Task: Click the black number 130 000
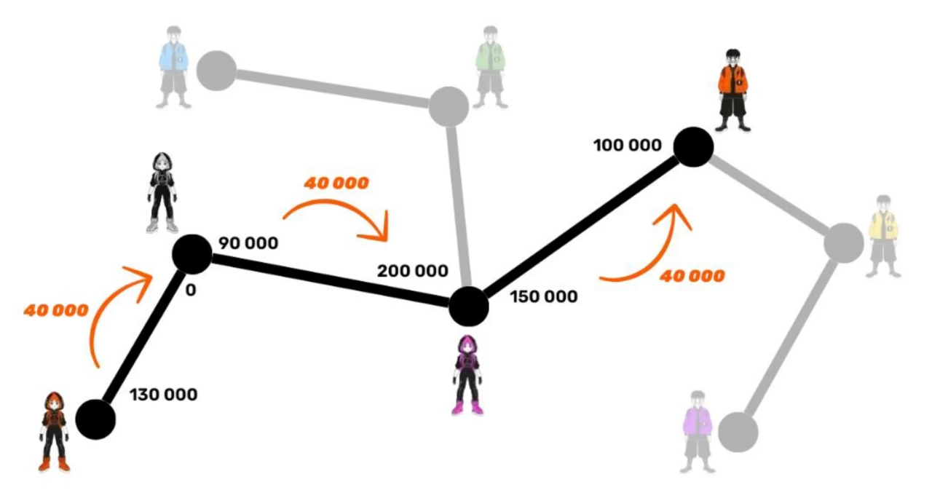click(164, 395)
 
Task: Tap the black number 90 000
click(248, 243)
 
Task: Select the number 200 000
click(412, 271)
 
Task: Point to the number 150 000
click(544, 296)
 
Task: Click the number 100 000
click(628, 145)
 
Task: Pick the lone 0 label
click(191, 290)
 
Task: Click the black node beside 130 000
click(95, 419)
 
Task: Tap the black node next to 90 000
click(191, 254)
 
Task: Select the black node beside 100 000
click(693, 147)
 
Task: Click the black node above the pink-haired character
click(468, 307)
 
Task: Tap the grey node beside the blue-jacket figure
click(216, 71)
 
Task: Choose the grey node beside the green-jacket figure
click(449, 106)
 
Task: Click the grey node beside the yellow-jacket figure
click(844, 243)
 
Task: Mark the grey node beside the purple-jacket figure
click(738, 432)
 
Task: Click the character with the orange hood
click(54, 432)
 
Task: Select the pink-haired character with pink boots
click(467, 375)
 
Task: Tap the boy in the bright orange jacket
click(733, 90)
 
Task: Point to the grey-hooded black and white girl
click(162, 192)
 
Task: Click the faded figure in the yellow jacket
click(883, 236)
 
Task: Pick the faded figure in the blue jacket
click(174, 67)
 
